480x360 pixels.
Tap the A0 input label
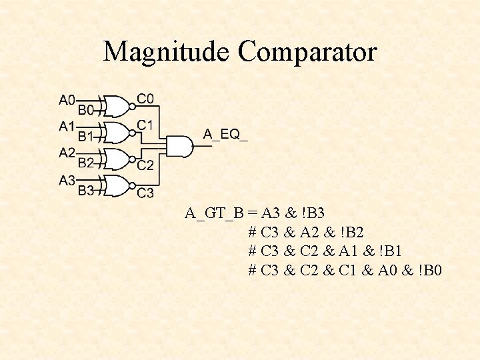click(x=67, y=100)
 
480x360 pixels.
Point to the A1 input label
click(x=67, y=126)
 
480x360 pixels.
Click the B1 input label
click(x=86, y=136)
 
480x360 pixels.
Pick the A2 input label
click(x=67, y=153)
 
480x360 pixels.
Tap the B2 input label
click(x=86, y=162)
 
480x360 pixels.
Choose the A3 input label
click(x=67, y=180)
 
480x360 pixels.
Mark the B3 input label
click(x=86, y=191)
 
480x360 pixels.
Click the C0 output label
click(x=145, y=99)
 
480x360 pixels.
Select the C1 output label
click(x=145, y=125)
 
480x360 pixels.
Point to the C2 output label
click(x=145, y=165)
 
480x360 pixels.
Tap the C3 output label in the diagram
click(x=145, y=193)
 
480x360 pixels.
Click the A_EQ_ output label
click(x=225, y=135)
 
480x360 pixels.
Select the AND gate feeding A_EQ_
click(x=179, y=146)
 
